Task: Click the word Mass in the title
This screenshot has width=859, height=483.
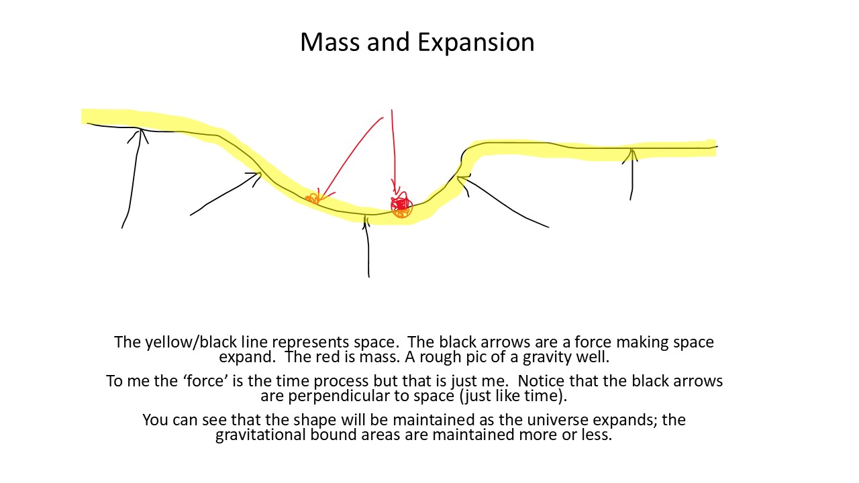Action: [x=330, y=42]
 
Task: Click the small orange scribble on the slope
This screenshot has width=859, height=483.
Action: [x=313, y=198]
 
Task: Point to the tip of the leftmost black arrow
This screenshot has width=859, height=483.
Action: [x=141, y=129]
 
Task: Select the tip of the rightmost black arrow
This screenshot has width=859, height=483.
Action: [x=631, y=150]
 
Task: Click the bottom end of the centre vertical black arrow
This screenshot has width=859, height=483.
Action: [x=369, y=277]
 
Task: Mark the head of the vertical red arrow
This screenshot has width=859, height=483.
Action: [x=395, y=194]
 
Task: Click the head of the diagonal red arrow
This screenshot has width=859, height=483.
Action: [x=322, y=199]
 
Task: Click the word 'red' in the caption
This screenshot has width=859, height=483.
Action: [x=329, y=358]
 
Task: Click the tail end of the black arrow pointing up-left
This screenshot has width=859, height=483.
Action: [x=549, y=227]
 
